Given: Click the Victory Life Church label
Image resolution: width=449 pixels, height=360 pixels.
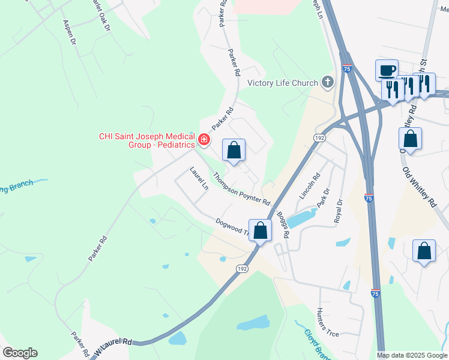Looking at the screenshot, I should point(282,83).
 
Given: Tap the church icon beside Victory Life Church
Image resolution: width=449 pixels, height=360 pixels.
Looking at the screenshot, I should point(327,82).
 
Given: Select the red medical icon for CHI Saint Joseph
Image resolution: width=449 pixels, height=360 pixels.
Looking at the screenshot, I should point(204,140).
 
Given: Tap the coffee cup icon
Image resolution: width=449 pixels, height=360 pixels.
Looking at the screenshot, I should point(387,70).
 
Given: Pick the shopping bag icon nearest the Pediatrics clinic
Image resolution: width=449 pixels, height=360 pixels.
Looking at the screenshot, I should point(234,150).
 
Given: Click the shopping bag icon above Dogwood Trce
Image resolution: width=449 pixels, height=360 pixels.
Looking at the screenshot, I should point(260,230).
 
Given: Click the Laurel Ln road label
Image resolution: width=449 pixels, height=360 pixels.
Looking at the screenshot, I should point(199,179).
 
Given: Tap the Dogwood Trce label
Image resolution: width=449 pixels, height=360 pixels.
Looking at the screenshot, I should point(231,228).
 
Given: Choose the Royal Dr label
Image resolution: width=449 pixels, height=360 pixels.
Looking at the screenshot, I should point(340,211).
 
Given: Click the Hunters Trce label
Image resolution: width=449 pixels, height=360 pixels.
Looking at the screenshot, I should point(323,322).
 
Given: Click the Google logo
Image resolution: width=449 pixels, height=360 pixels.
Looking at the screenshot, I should point(20,353).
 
